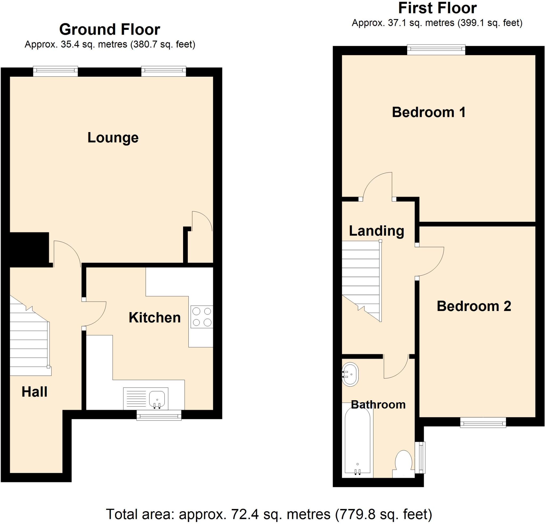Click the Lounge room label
[113, 138]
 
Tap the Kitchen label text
[155, 318]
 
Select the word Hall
[35, 392]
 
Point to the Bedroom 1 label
[428, 112]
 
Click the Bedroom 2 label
[474, 306]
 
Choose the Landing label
[377, 231]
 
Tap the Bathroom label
[378, 405]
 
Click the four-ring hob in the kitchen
[202, 316]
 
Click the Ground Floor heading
[110, 30]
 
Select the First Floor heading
[437, 8]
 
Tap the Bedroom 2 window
[483, 424]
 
